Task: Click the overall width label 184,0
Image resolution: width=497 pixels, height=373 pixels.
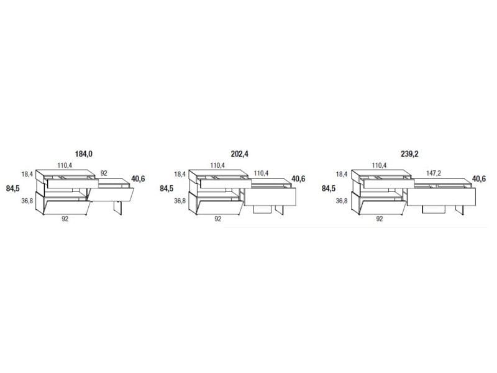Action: (x=84, y=154)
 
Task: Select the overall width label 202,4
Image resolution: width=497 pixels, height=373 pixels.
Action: (x=240, y=154)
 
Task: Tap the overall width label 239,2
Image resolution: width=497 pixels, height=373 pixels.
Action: (x=409, y=154)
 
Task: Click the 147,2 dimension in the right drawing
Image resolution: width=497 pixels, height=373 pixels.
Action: (x=434, y=173)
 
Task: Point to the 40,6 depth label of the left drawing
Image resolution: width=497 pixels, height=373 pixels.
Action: (x=138, y=179)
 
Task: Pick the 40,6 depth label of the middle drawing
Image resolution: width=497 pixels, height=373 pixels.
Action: (x=298, y=179)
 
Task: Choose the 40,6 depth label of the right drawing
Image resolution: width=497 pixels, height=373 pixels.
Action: (x=479, y=179)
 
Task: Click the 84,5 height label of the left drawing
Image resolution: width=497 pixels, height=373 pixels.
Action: (x=12, y=188)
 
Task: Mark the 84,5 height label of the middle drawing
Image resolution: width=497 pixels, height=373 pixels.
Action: (x=166, y=188)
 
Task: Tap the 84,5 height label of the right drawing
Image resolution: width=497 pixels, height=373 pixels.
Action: (x=329, y=188)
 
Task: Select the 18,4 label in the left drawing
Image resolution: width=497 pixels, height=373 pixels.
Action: (x=27, y=174)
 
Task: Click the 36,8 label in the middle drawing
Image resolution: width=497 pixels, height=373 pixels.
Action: (x=180, y=201)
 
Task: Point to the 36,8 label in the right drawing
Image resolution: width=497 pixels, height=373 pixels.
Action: (x=342, y=201)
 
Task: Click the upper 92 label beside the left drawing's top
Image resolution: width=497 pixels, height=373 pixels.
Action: (x=104, y=173)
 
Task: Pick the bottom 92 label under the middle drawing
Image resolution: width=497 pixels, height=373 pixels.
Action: (x=218, y=219)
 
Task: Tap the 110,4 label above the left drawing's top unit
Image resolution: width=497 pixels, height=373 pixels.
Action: (x=65, y=165)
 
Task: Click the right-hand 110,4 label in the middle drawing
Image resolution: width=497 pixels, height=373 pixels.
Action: (x=261, y=173)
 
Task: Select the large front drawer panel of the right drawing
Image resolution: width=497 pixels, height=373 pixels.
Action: (x=442, y=196)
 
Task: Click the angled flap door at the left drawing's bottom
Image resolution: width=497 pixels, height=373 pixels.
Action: (x=66, y=208)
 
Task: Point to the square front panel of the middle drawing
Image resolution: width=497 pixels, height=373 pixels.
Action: (x=270, y=196)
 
